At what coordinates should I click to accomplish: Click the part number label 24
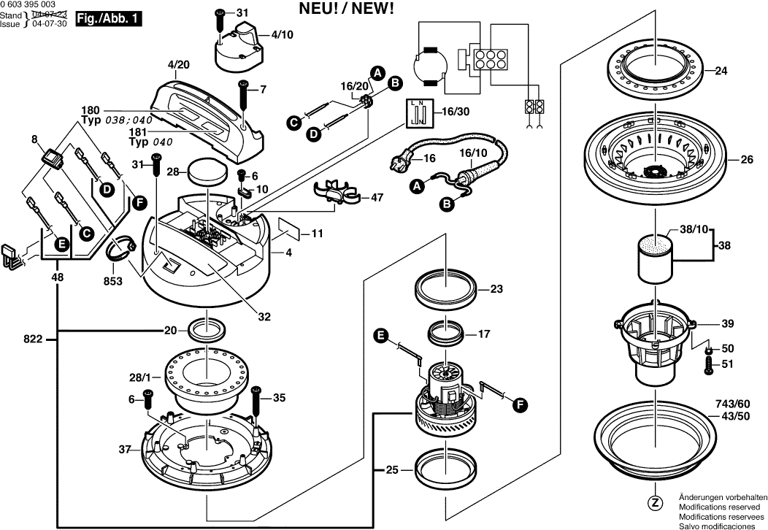[721, 71]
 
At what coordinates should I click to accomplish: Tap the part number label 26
[746, 159]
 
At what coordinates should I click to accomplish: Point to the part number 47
[377, 197]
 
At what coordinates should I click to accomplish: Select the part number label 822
[33, 339]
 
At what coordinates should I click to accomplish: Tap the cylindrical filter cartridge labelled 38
[658, 258]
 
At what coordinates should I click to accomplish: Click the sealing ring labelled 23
[447, 289]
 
